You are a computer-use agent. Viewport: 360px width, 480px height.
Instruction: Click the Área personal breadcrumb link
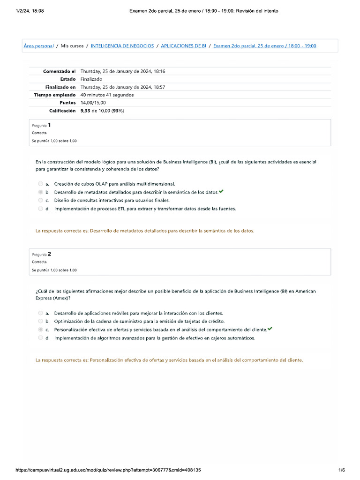coord(38,46)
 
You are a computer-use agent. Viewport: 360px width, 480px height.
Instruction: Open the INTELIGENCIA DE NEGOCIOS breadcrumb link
coord(122,46)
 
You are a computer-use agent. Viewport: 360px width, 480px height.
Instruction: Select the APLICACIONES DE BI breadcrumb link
coord(183,46)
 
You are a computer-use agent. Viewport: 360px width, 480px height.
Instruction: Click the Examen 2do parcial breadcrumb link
coord(264,46)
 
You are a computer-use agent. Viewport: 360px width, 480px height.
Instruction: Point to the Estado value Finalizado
coord(91,79)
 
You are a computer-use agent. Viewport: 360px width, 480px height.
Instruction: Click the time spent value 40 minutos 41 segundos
coord(107,95)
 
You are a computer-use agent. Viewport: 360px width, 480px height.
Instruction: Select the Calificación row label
coord(62,111)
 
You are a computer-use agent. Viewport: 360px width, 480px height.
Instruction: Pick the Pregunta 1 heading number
coord(49,125)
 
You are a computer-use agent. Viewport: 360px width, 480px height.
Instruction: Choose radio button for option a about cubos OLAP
coord(41,184)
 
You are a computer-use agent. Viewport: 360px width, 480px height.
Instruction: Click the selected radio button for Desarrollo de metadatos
coord(41,192)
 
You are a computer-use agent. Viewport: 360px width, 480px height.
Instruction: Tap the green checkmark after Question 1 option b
coord(221,192)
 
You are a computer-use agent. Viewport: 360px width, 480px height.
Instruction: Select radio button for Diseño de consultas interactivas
coord(41,201)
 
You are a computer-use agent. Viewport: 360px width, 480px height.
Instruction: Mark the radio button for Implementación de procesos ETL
coord(41,209)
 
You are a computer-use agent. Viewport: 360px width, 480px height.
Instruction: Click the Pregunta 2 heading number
coord(49,254)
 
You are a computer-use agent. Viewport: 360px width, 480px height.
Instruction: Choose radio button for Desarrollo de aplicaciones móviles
coord(41,313)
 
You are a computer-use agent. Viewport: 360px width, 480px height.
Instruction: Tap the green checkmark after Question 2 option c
coord(270,330)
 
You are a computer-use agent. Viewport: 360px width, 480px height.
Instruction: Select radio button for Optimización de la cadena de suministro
coord(41,322)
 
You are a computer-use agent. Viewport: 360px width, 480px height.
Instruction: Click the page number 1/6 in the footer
coord(341,470)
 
